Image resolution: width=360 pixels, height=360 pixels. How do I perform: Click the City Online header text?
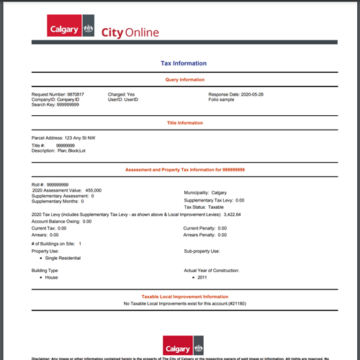pyautogui.click(x=130, y=32)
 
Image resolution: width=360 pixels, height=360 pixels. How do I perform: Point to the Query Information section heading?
pyautogui.click(x=181, y=80)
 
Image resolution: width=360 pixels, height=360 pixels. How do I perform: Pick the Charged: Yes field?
pyautogui.click(x=122, y=94)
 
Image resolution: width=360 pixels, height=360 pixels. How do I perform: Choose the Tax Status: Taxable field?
pyautogui.click(x=204, y=207)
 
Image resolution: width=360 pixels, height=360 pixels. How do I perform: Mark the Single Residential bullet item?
pyautogui.click(x=63, y=257)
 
